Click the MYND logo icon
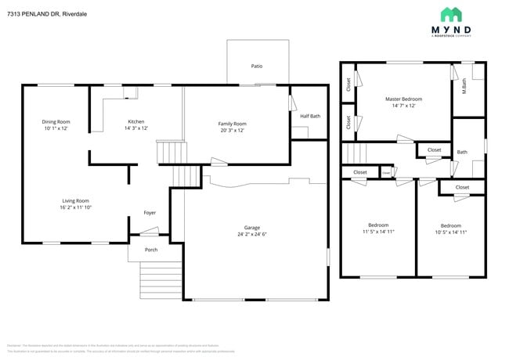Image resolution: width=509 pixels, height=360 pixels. (x=451, y=14)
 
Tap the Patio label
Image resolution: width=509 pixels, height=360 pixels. (x=256, y=67)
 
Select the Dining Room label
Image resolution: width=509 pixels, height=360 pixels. (x=56, y=121)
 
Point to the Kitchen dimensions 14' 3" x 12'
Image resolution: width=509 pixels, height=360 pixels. (x=136, y=128)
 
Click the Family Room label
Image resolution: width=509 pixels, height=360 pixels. (x=233, y=124)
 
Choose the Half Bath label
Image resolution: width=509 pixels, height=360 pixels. (x=310, y=116)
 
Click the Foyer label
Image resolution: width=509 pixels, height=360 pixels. (x=150, y=212)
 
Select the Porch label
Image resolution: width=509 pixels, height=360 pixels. (x=151, y=250)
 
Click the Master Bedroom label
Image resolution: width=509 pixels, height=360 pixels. (x=403, y=99)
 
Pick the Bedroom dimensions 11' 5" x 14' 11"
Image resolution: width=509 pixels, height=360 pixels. (x=378, y=232)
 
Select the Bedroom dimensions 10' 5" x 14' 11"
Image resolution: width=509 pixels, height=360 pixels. (x=450, y=232)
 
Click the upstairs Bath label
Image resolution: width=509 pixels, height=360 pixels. (x=462, y=152)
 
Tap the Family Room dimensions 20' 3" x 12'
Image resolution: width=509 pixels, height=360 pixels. (x=233, y=131)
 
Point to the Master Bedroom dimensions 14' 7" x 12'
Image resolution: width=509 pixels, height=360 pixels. (x=403, y=106)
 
